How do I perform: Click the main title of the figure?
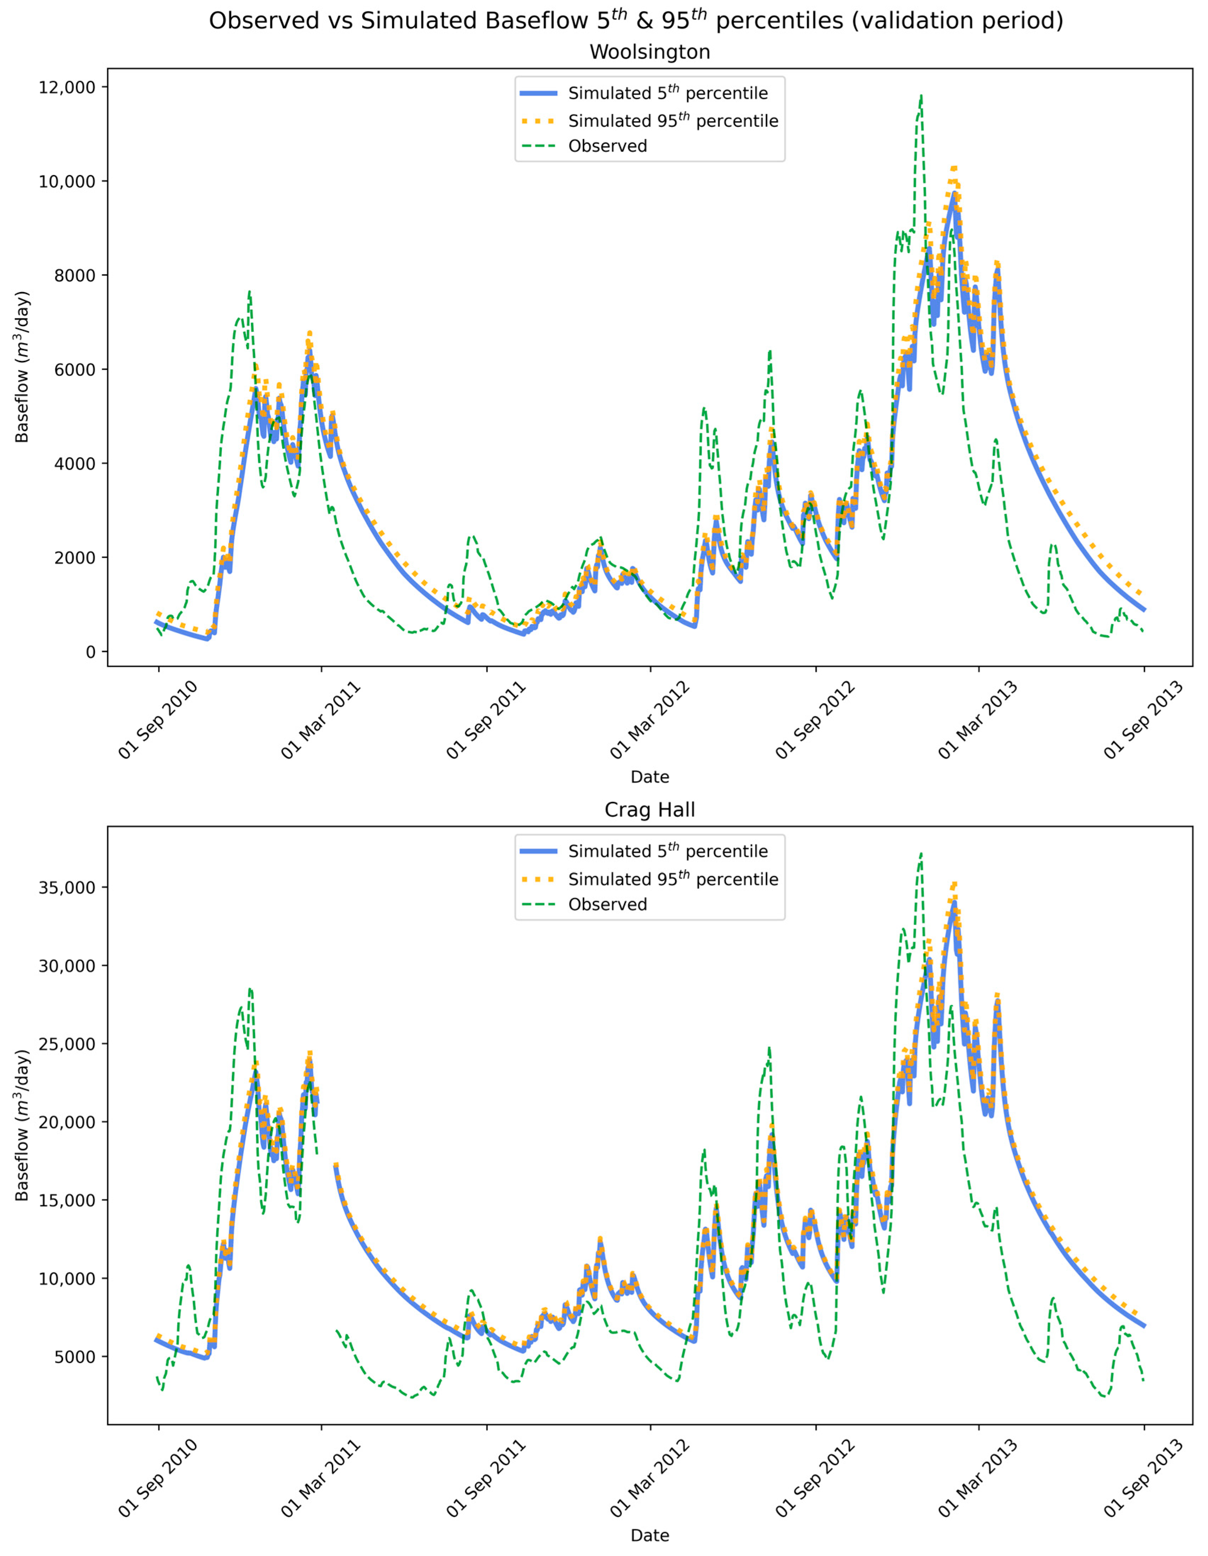pyautogui.click(x=636, y=21)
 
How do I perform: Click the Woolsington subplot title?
pyautogui.click(x=649, y=52)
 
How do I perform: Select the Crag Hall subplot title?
pyautogui.click(x=649, y=810)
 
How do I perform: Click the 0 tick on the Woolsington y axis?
pyautogui.click(x=90, y=652)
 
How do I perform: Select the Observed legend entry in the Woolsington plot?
pyautogui.click(x=607, y=146)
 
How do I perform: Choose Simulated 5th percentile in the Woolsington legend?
pyautogui.click(x=667, y=93)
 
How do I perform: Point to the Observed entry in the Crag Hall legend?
pyautogui.click(x=607, y=904)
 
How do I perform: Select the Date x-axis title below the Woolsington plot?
pyautogui.click(x=649, y=777)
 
